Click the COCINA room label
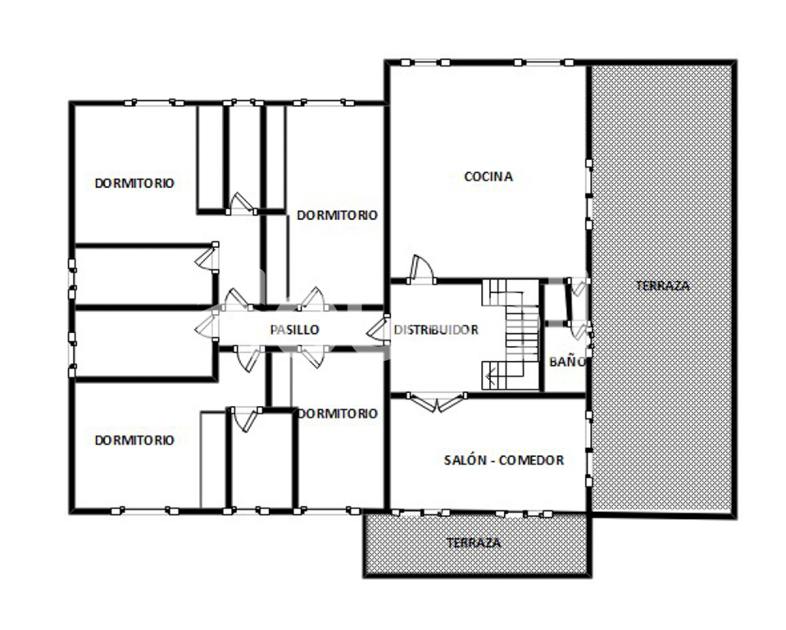pyautogui.click(x=488, y=176)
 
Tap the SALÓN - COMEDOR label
pyautogui.click(x=504, y=460)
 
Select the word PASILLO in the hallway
pyautogui.click(x=294, y=330)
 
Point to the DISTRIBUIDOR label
pyautogui.click(x=436, y=330)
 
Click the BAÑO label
pyautogui.click(x=567, y=362)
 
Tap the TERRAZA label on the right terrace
pyautogui.click(x=663, y=286)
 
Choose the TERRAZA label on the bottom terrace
pyautogui.click(x=473, y=542)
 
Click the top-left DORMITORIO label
pyautogui.click(x=134, y=183)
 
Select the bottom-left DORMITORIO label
pyautogui.click(x=134, y=440)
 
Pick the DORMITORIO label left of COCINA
pyautogui.click(x=337, y=215)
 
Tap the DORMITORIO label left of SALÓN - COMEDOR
pyautogui.click(x=337, y=413)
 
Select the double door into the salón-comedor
pyautogui.click(x=437, y=402)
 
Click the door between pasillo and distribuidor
pyautogui.click(x=378, y=329)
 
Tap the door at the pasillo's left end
pyautogui.click(x=207, y=326)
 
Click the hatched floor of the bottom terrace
pyautogui.click(x=476, y=544)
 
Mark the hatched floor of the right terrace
pyautogui.click(x=661, y=289)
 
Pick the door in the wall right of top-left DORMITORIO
pyautogui.click(x=207, y=258)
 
